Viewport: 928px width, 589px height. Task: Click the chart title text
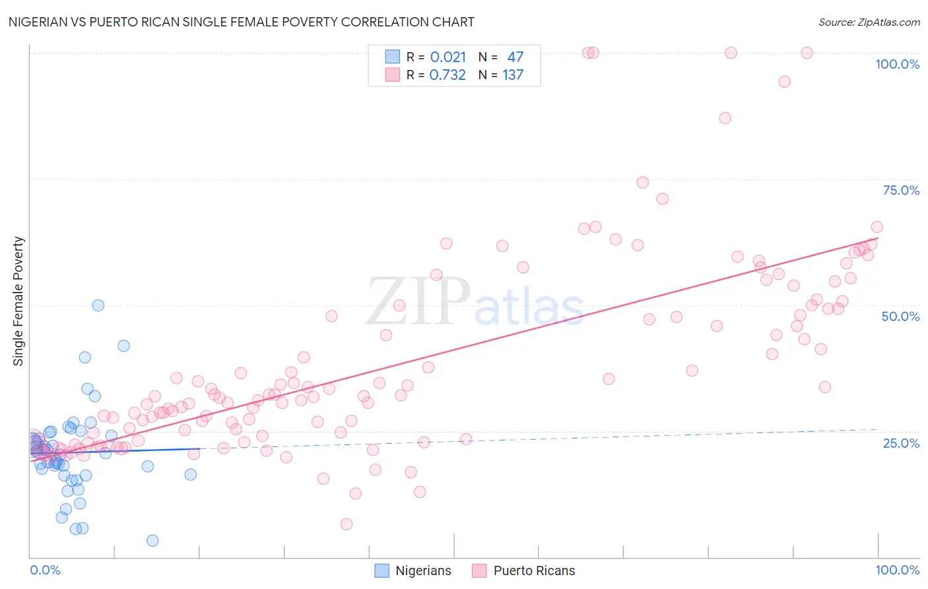[241, 22]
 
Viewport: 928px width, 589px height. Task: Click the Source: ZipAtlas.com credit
[869, 22]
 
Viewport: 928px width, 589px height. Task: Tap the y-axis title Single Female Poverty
[18, 301]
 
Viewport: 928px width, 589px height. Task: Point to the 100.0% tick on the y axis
[897, 64]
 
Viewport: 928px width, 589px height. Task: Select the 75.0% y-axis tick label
[901, 190]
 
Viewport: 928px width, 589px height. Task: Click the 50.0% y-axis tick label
[900, 316]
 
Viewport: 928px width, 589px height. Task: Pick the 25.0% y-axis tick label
[901, 443]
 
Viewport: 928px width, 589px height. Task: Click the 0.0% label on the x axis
[45, 570]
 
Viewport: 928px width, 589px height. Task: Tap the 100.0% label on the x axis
[897, 570]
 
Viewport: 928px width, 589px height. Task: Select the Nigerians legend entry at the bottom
[413, 571]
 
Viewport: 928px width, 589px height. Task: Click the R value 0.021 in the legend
[447, 57]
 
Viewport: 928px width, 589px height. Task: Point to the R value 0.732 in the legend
[447, 75]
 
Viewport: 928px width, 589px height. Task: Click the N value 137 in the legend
[513, 75]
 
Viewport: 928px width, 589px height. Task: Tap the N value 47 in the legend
[515, 57]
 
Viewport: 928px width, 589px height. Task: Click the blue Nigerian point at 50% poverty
[98, 305]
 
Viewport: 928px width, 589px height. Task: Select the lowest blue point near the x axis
[152, 541]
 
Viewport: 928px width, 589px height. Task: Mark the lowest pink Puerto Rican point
[347, 524]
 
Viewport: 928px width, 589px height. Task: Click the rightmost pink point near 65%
[877, 227]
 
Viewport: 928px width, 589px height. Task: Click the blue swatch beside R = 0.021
[392, 57]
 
